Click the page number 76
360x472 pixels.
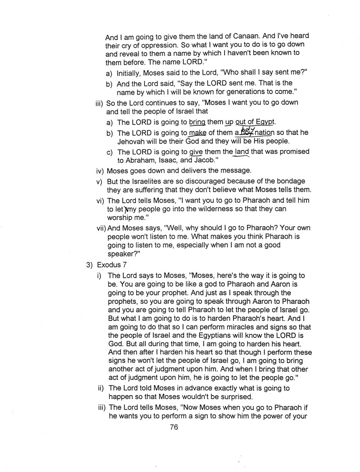(x=175, y=427)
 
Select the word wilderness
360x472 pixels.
(x=216, y=209)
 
